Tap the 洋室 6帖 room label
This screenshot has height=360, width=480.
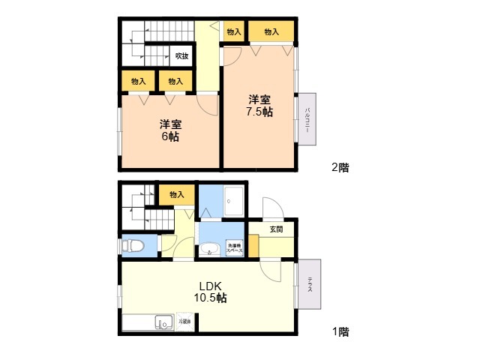point(169,130)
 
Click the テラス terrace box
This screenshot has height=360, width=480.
point(309,283)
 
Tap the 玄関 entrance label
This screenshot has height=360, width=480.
point(276,229)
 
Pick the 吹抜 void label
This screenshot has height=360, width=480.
point(181,55)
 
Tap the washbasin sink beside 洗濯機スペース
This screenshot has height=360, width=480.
point(209,249)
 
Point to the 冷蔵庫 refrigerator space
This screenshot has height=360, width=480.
point(184,322)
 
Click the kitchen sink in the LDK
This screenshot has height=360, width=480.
point(163,322)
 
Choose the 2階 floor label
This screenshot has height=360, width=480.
point(340,168)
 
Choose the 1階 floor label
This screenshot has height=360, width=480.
point(340,331)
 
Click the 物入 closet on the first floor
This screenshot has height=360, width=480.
point(177,195)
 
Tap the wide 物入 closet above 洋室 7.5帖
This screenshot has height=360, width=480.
point(271,32)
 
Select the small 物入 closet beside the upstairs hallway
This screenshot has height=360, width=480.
point(233,32)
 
